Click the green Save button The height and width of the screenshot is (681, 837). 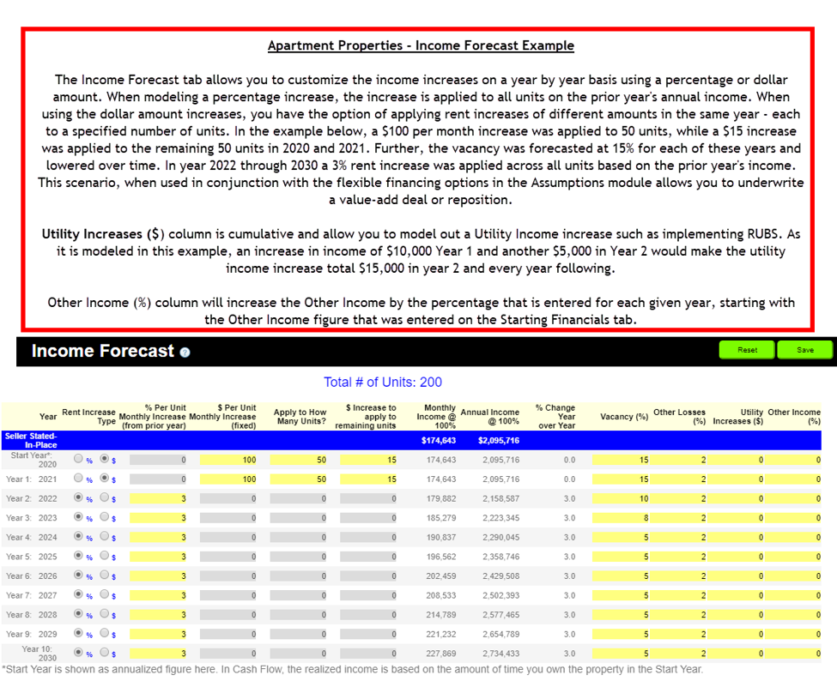coord(804,350)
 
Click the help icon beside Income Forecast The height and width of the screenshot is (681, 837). coord(185,353)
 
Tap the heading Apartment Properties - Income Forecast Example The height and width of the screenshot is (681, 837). coord(421,45)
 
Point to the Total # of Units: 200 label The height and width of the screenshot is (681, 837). coord(383,382)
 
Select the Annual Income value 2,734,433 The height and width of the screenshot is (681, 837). coord(489,654)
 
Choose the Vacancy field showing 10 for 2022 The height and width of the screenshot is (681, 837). coord(621,498)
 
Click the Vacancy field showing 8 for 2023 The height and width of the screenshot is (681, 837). coord(621,518)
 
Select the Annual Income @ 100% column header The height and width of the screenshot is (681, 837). coord(489,416)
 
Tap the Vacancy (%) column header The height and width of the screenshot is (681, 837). coord(623,417)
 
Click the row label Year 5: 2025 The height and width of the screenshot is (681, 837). coord(32,557)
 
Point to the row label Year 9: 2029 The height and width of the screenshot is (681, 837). coord(32,634)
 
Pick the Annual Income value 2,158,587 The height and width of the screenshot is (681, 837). coord(489,498)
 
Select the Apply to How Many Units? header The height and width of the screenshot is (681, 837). coord(300,417)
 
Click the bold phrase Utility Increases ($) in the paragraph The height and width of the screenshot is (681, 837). coord(102,234)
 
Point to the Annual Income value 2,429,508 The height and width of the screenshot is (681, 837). coord(489,576)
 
